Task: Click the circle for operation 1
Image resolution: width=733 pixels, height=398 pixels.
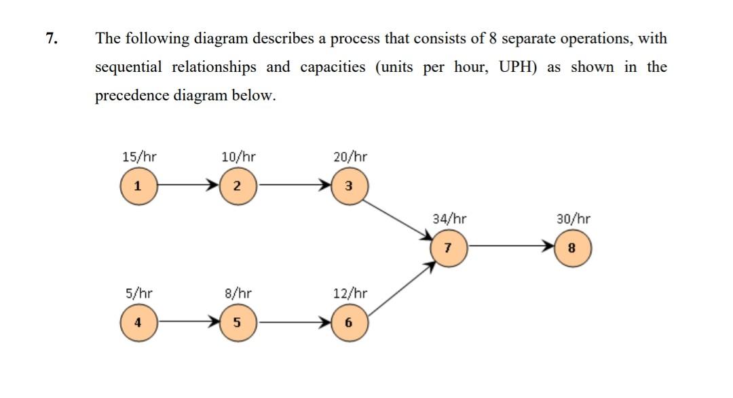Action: click(138, 185)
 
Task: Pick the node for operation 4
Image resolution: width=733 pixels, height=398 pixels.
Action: click(138, 322)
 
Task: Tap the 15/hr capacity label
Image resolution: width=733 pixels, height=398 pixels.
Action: click(138, 157)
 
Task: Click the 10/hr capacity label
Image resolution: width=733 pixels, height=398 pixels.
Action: click(238, 157)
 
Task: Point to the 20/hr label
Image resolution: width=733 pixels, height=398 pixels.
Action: click(350, 157)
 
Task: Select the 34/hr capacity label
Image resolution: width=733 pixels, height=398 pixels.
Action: click(449, 219)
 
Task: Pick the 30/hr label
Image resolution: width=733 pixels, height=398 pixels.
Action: click(573, 219)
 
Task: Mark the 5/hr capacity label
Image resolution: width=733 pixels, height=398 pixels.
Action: click(138, 294)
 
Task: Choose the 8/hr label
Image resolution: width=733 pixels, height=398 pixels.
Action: click(238, 294)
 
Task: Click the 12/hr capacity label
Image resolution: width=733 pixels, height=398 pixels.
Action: click(350, 294)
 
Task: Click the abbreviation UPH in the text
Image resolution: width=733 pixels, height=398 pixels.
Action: click(518, 67)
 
